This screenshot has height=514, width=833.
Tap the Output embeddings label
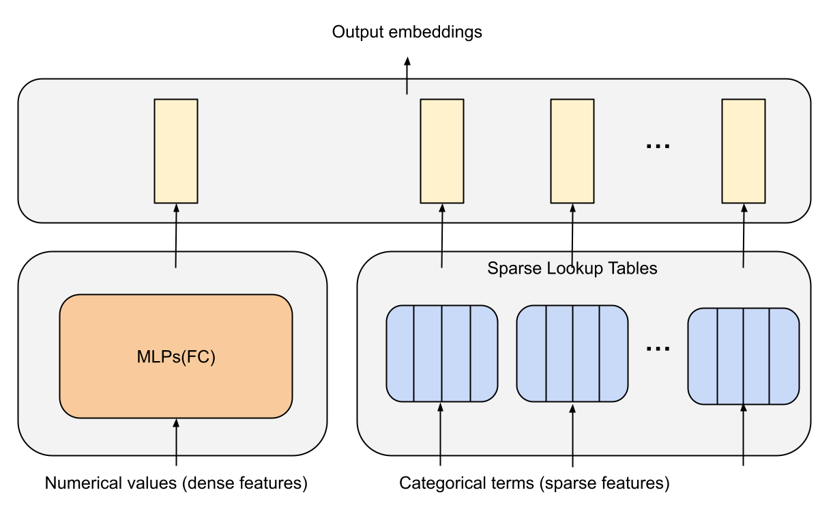[407, 32]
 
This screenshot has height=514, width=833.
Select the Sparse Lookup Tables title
[572, 268]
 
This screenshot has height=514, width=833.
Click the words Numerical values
[111, 484]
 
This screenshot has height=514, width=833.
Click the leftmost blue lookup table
[441, 354]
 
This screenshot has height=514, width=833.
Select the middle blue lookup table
[572, 354]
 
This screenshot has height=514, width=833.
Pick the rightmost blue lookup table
[743, 356]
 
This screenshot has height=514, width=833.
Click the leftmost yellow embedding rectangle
[176, 151]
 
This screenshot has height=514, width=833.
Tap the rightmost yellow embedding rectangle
[744, 151]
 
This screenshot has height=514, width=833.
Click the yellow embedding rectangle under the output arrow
[441, 151]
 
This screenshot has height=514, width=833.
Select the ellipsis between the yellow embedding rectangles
[658, 146]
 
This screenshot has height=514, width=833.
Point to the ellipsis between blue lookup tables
[658, 349]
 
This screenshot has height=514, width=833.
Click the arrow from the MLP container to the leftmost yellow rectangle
[176, 235]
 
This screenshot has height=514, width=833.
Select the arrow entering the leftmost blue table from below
[440, 433]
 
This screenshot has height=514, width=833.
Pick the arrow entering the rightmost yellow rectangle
[744, 235]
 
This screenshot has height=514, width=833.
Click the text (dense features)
[245, 484]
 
